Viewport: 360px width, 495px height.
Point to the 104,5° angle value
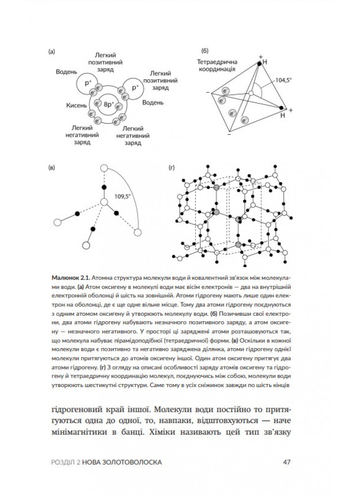click(284, 79)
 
